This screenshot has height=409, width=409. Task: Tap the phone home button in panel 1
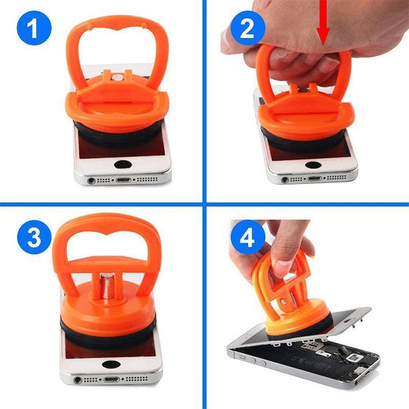point(123,165)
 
